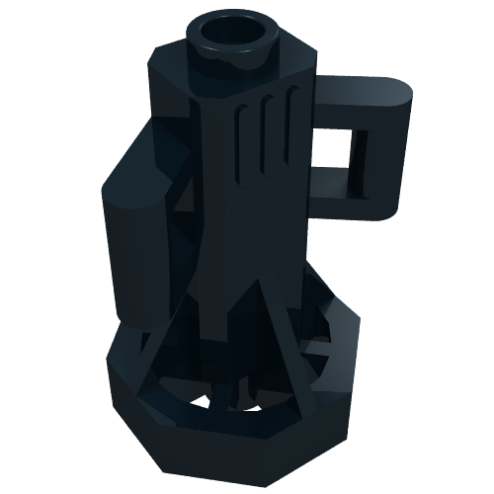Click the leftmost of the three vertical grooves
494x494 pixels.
(240, 148)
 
